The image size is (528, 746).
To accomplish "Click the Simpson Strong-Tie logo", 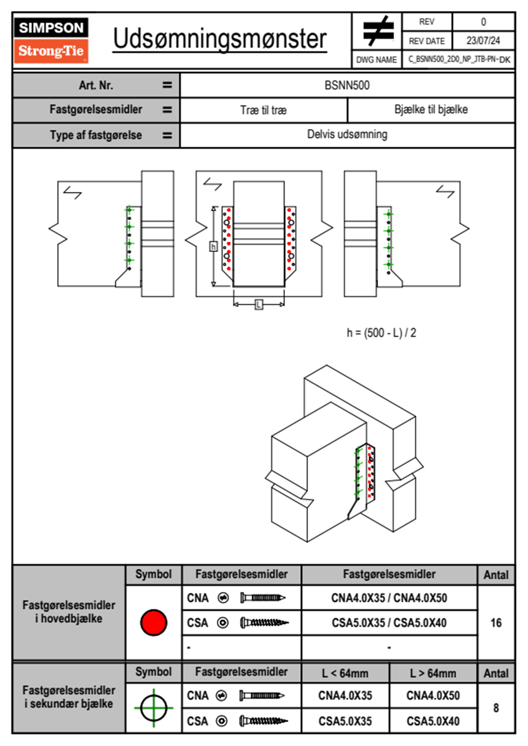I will [x=51, y=40].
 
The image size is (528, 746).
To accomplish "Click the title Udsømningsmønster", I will [x=220, y=39].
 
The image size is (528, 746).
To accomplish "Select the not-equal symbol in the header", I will [x=378, y=31].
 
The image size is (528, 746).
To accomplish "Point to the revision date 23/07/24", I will [x=483, y=41].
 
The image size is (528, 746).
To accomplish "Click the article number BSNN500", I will [x=347, y=85].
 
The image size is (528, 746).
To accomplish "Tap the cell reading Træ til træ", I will [x=264, y=110].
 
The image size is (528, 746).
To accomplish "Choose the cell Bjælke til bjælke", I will [x=431, y=110].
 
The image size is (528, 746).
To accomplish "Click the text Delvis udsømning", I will [x=347, y=134].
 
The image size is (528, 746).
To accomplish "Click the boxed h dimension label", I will [x=213, y=246].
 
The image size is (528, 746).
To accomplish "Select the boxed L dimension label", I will [x=259, y=304].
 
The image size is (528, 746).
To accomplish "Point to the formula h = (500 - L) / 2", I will [x=382, y=333].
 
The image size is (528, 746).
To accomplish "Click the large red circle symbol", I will [x=154, y=622].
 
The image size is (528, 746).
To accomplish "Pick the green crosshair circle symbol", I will [x=154, y=708].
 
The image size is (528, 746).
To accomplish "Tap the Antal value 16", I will [x=496, y=623].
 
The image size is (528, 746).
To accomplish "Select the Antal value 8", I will [x=496, y=708].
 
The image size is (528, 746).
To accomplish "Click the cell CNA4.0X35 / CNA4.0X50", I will [x=389, y=598].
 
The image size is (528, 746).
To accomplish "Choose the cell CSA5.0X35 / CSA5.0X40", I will [x=389, y=623].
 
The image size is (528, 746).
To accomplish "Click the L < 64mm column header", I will [x=345, y=673].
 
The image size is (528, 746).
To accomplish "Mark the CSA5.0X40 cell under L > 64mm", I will [x=433, y=721].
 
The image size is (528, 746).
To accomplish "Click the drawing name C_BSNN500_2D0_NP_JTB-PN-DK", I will [x=459, y=59].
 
